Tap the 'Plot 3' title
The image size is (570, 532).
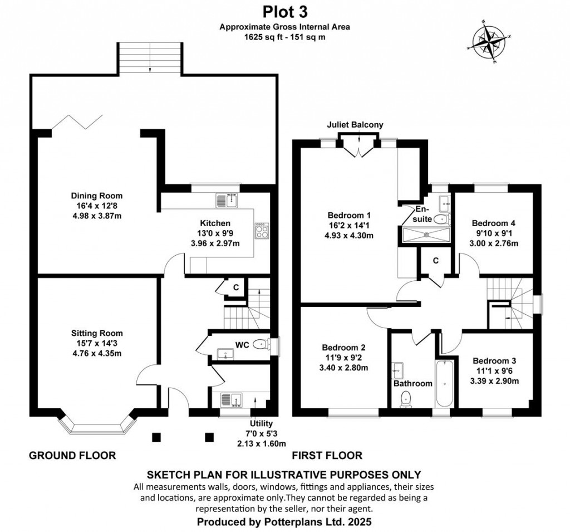[284, 11]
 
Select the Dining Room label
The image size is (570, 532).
[96, 196]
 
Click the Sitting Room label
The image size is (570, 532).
[96, 333]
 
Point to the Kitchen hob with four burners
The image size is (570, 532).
[261, 230]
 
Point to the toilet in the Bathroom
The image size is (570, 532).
[406, 397]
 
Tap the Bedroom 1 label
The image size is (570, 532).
[349, 215]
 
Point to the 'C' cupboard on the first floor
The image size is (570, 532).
[436, 261]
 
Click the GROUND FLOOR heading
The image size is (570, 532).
[72, 455]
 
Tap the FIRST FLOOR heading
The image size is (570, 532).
[327, 455]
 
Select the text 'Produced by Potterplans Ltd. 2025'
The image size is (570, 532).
[284, 522]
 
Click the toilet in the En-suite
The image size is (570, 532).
[440, 219]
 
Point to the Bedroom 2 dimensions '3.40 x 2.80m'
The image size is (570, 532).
[343, 368]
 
